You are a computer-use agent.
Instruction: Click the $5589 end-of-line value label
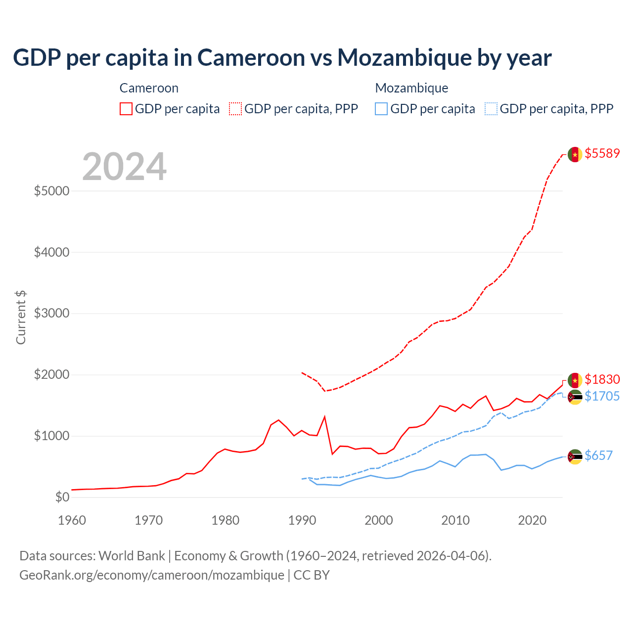pyautogui.click(x=602, y=153)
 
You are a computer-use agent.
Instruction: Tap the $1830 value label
pyautogui.click(x=602, y=379)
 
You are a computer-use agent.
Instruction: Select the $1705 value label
pyautogui.click(x=602, y=396)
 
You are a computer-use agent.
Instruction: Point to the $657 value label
pyautogui.click(x=598, y=455)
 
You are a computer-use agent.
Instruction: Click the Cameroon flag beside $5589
pyautogui.click(x=575, y=154)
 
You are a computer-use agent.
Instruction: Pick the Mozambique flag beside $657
pyautogui.click(x=575, y=457)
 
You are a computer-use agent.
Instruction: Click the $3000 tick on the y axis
pyautogui.click(x=51, y=313)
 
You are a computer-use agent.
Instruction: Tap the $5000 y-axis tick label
pyautogui.click(x=51, y=191)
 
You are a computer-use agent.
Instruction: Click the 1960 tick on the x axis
pyautogui.click(x=72, y=520)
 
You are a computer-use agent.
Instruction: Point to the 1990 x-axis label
pyautogui.click(x=302, y=520)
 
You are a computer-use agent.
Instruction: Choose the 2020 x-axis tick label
pyautogui.click(x=532, y=520)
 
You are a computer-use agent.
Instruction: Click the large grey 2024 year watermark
pyautogui.click(x=124, y=167)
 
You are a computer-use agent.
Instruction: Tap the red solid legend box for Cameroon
pyautogui.click(x=126, y=109)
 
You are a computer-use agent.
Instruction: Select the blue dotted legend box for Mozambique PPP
pyautogui.click(x=491, y=109)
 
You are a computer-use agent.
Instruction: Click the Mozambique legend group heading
pyautogui.click(x=411, y=88)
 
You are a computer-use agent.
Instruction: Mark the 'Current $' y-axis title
pyautogui.click(x=21, y=317)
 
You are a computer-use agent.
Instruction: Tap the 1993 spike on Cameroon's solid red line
pyautogui.click(x=324, y=417)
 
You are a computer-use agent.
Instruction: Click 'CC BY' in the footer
pyautogui.click(x=312, y=575)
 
